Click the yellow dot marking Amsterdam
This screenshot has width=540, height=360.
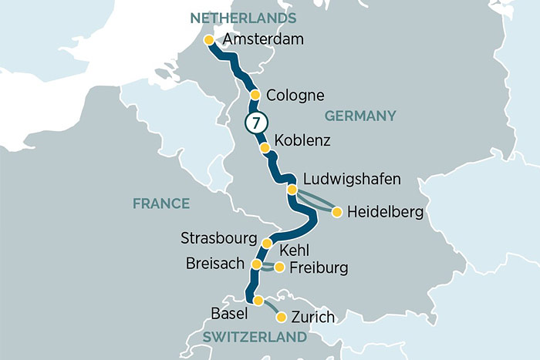pos(208,40)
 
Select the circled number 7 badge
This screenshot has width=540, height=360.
pos(256,123)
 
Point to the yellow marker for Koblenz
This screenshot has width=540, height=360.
pos(265,147)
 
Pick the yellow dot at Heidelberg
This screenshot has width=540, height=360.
pos(336,210)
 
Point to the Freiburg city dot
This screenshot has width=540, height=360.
pos(279,267)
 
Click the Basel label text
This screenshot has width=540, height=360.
pos(228,314)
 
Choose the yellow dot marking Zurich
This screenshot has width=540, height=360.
pos(282,317)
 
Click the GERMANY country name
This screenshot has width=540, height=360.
pos(360,116)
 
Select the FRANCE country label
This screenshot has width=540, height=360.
pos(160,204)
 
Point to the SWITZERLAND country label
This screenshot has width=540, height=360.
pos(254,338)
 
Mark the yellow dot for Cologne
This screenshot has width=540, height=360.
pos(255,96)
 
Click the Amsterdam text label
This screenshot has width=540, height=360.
pos(262,40)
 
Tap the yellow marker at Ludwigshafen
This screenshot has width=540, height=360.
pos(292,189)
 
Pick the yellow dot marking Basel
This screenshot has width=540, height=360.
pos(258,301)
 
